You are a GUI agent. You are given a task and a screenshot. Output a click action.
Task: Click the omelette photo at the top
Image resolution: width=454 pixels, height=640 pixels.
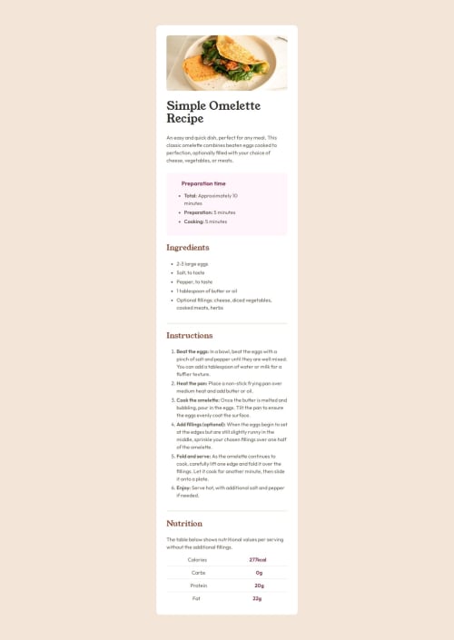227,63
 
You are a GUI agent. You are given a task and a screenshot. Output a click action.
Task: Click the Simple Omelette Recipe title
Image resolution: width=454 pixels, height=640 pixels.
209,112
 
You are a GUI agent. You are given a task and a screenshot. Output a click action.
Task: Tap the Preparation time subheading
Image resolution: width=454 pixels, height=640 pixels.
203,183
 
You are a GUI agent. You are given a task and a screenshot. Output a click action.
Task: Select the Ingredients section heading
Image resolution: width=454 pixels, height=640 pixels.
188,247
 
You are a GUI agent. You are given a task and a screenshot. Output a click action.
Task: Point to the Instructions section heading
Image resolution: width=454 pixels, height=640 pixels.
189,336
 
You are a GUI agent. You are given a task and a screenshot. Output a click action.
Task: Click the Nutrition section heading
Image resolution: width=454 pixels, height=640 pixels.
183,524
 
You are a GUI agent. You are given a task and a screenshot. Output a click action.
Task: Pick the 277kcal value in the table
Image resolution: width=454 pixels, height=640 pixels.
258,559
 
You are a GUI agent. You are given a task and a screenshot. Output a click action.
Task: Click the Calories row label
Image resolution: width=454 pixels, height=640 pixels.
197,559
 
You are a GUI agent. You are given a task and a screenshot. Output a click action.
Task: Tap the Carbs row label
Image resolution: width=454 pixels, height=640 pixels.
198,573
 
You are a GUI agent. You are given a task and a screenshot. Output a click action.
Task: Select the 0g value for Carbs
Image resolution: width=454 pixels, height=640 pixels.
259,573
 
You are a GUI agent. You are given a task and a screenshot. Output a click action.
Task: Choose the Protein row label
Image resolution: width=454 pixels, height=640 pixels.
197,586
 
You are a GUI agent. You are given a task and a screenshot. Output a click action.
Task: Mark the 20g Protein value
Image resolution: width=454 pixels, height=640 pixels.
259,586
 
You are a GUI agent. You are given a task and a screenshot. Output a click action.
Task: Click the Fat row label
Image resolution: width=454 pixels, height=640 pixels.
196,598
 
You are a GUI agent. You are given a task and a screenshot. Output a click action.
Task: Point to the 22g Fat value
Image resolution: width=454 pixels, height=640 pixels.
258,598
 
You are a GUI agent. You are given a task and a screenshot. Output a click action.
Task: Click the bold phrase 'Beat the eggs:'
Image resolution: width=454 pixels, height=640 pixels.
192,351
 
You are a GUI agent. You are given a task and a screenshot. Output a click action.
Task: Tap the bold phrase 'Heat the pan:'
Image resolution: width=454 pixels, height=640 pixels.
192,384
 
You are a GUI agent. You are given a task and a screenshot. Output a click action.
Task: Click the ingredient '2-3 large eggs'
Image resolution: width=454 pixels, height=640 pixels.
192,263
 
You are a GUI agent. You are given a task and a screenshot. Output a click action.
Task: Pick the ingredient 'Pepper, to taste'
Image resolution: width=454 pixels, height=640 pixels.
194,281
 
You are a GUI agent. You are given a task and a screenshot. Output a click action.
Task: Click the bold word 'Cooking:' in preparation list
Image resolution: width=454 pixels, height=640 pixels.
193,222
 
